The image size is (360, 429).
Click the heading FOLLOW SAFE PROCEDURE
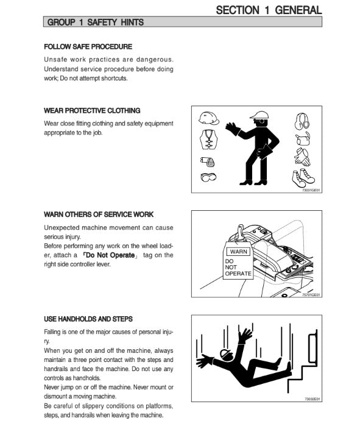pyautogui.click(x=88, y=46)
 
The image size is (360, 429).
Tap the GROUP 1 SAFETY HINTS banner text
pyautogui.click(x=96, y=22)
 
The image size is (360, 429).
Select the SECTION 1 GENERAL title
pyautogui.click(x=269, y=10)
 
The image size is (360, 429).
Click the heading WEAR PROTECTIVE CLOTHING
pyautogui.click(x=92, y=110)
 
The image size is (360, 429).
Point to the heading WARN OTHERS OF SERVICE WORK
pyautogui.click(x=99, y=214)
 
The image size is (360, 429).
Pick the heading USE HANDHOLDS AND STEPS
pyautogui.click(x=88, y=319)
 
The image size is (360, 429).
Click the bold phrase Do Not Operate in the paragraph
pyautogui.click(x=110, y=255)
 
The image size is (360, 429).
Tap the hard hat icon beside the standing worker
pyautogui.click(x=209, y=118)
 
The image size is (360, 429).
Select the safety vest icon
pyautogui.click(x=208, y=140)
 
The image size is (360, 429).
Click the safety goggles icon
pyautogui.click(x=208, y=177)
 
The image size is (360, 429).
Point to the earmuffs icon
pyautogui.click(x=302, y=121)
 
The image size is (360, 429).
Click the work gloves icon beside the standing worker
pyautogui.click(x=302, y=157)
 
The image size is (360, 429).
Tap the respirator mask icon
pyautogui.click(x=207, y=161)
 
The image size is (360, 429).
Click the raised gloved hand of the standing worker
pyautogui.click(x=233, y=129)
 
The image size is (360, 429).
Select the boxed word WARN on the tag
pyautogui.click(x=238, y=252)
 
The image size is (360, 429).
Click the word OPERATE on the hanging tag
pyautogui.click(x=238, y=274)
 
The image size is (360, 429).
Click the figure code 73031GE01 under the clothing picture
pyautogui.click(x=311, y=190)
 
